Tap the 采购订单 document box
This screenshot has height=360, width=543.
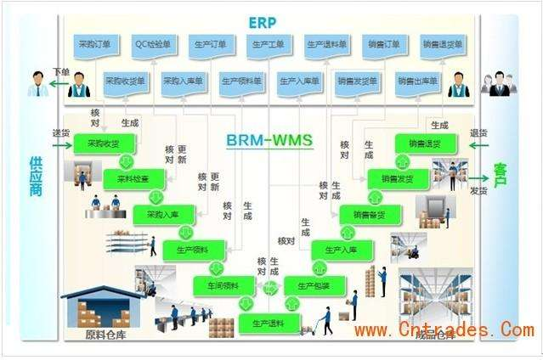tap(93, 43)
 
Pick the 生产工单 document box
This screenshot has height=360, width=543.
tap(269, 43)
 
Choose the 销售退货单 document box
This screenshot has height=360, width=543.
tap(442, 43)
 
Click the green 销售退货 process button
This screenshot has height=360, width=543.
tap(423, 143)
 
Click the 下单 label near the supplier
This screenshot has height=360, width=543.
tap(59, 71)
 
